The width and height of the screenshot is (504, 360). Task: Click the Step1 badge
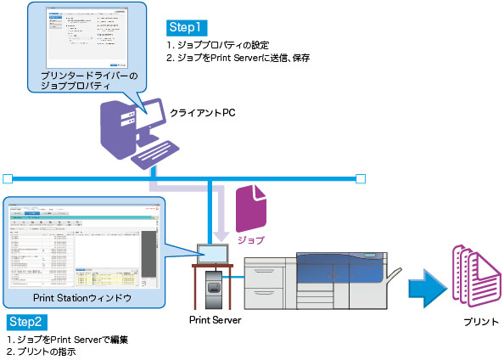[x=188, y=27]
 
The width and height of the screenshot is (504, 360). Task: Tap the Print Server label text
[x=216, y=320]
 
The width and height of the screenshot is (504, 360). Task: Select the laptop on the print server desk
[x=211, y=253]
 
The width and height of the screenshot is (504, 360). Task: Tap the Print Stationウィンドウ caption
[x=81, y=299]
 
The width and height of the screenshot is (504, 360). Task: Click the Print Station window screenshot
[x=81, y=245]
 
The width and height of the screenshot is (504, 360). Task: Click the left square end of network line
[x=8, y=178]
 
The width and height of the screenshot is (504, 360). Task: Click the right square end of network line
[x=361, y=178]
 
